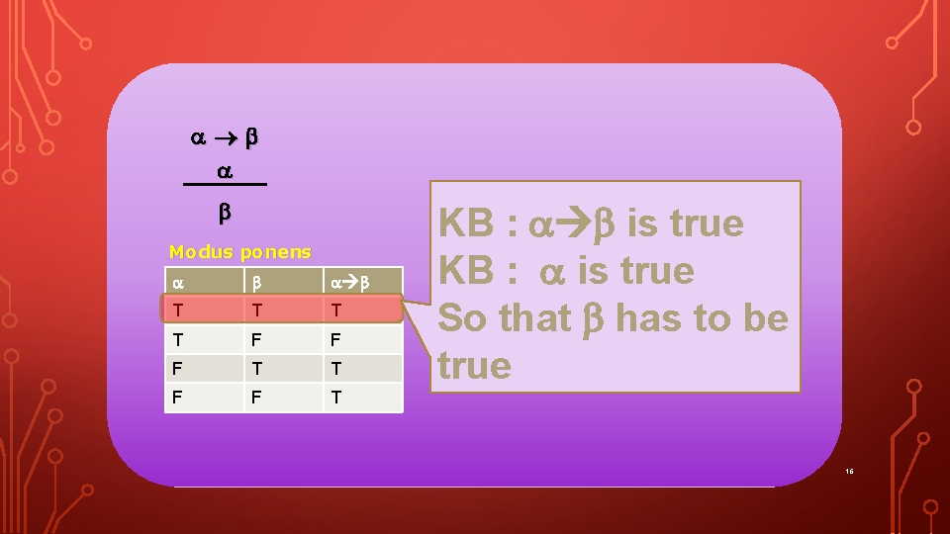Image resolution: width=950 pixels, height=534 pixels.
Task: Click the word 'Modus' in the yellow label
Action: pyautogui.click(x=196, y=252)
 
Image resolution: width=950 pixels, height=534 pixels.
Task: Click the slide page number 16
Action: pyautogui.click(x=849, y=471)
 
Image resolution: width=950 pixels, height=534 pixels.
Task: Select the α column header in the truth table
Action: pyautogui.click(x=177, y=282)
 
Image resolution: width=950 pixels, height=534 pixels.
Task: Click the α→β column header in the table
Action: pyautogui.click(x=349, y=282)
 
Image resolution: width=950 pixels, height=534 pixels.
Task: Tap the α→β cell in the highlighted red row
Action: pyautogui.click(x=336, y=311)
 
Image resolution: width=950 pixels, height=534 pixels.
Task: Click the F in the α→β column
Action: pyautogui.click(x=336, y=339)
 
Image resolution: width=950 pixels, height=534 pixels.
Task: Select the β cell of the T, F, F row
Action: pyautogui.click(x=256, y=339)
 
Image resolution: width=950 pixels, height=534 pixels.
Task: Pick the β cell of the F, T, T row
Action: pyautogui.click(x=256, y=368)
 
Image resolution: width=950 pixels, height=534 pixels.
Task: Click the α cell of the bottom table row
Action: pyautogui.click(x=177, y=397)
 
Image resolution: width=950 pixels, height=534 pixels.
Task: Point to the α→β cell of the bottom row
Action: pyautogui.click(x=336, y=397)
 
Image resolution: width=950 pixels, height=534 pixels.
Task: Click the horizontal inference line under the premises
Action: pyautogui.click(x=225, y=185)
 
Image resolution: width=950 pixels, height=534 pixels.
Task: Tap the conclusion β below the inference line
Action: pyautogui.click(x=225, y=211)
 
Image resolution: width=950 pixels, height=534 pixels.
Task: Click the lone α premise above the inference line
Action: pyautogui.click(x=225, y=171)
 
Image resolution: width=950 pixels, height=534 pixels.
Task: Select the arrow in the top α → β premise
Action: pyautogui.click(x=224, y=138)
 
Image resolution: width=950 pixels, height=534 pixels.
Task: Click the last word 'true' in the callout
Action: pyautogui.click(x=474, y=366)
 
